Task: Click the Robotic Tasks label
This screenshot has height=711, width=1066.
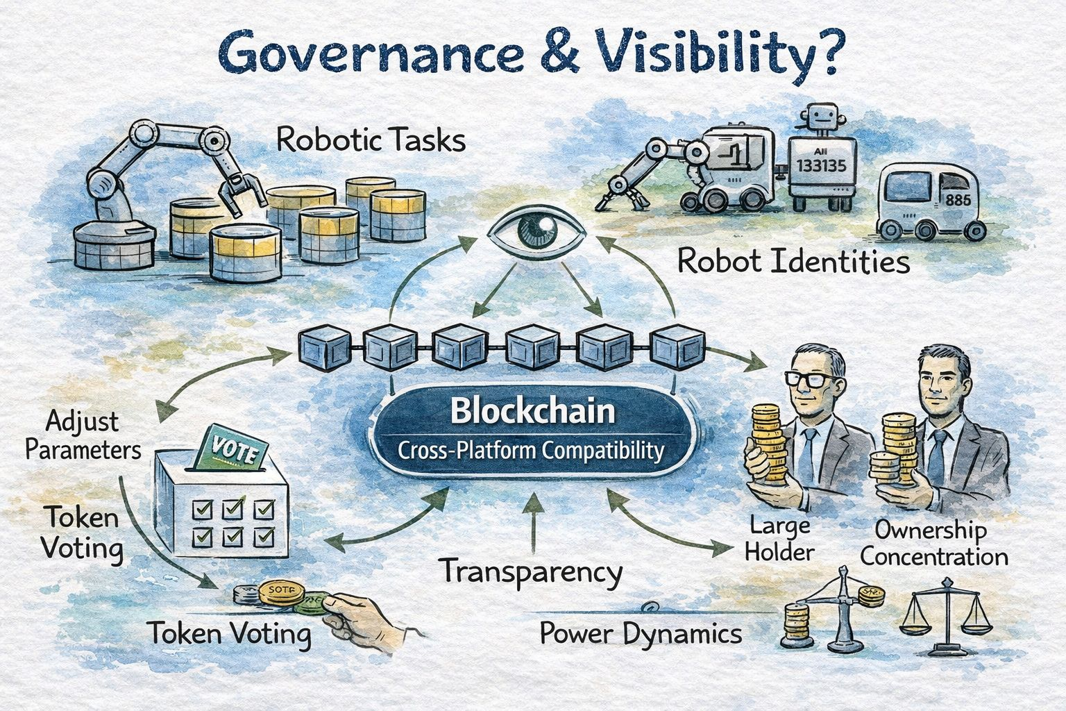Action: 371,140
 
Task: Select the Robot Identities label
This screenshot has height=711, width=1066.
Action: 793,262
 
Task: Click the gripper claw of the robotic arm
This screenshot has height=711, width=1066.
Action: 241,192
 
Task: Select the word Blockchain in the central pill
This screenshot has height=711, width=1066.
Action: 532,411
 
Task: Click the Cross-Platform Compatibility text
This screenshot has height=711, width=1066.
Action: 532,451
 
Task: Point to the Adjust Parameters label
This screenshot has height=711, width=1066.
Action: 83,435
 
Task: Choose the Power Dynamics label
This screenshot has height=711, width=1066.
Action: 640,634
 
